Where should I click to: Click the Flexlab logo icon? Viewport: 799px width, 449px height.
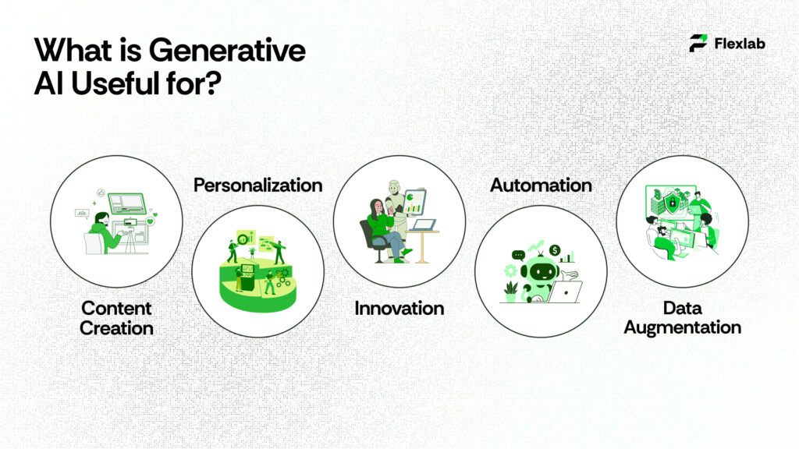coord(698,43)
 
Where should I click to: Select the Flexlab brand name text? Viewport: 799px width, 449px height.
coord(739,44)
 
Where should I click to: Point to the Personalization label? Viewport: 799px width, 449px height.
coord(257,185)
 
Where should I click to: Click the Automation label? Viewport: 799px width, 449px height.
coord(540,185)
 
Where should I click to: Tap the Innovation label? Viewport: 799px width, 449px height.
coord(399,308)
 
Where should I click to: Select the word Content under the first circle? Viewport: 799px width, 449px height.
coord(116,308)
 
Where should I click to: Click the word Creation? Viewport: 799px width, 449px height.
coord(116,328)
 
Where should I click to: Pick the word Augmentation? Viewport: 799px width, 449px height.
coord(682,328)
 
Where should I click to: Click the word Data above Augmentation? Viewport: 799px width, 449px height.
coord(682,308)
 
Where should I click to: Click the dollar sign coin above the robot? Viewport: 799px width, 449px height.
coord(555,250)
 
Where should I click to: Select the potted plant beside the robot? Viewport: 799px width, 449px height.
coord(511,290)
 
